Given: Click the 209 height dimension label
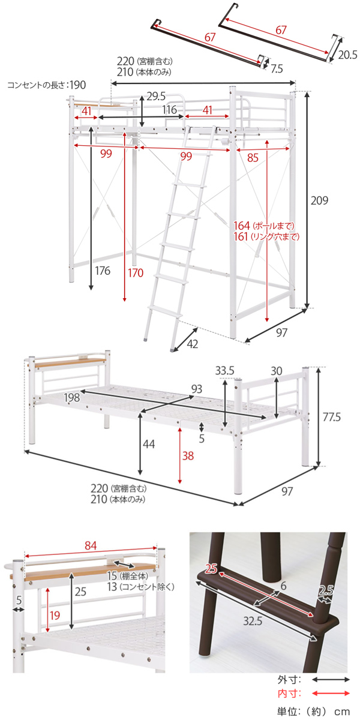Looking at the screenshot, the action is click(319, 200).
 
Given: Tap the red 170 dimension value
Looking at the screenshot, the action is click(136, 273).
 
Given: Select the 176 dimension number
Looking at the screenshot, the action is click(103, 271).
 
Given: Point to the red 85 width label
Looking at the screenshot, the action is click(253, 158).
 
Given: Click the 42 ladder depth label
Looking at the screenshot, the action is click(192, 344).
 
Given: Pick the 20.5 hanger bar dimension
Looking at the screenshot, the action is click(347, 55).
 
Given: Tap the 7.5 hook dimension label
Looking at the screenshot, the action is click(277, 69).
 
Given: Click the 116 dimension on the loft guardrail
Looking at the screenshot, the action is click(169, 110).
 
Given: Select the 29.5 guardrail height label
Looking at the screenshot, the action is click(156, 96).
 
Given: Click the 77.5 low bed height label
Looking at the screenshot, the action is click(331, 417).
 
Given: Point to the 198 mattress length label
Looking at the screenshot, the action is click(71, 398).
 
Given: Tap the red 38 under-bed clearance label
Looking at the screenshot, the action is click(188, 455).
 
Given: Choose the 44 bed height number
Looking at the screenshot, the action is click(149, 444).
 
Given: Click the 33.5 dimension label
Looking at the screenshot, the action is click(224, 371).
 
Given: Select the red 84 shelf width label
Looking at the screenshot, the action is click(91, 545).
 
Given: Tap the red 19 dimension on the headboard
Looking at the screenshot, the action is click(55, 615).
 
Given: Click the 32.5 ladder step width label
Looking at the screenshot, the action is click(253, 621).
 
